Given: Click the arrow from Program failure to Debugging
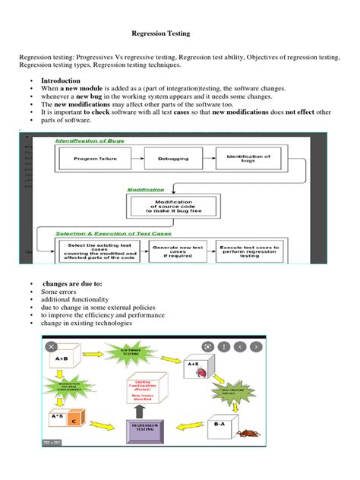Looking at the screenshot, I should coord(135,159).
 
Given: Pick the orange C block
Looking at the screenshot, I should coord(73,420).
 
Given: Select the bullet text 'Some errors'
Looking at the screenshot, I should coord(59,292).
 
